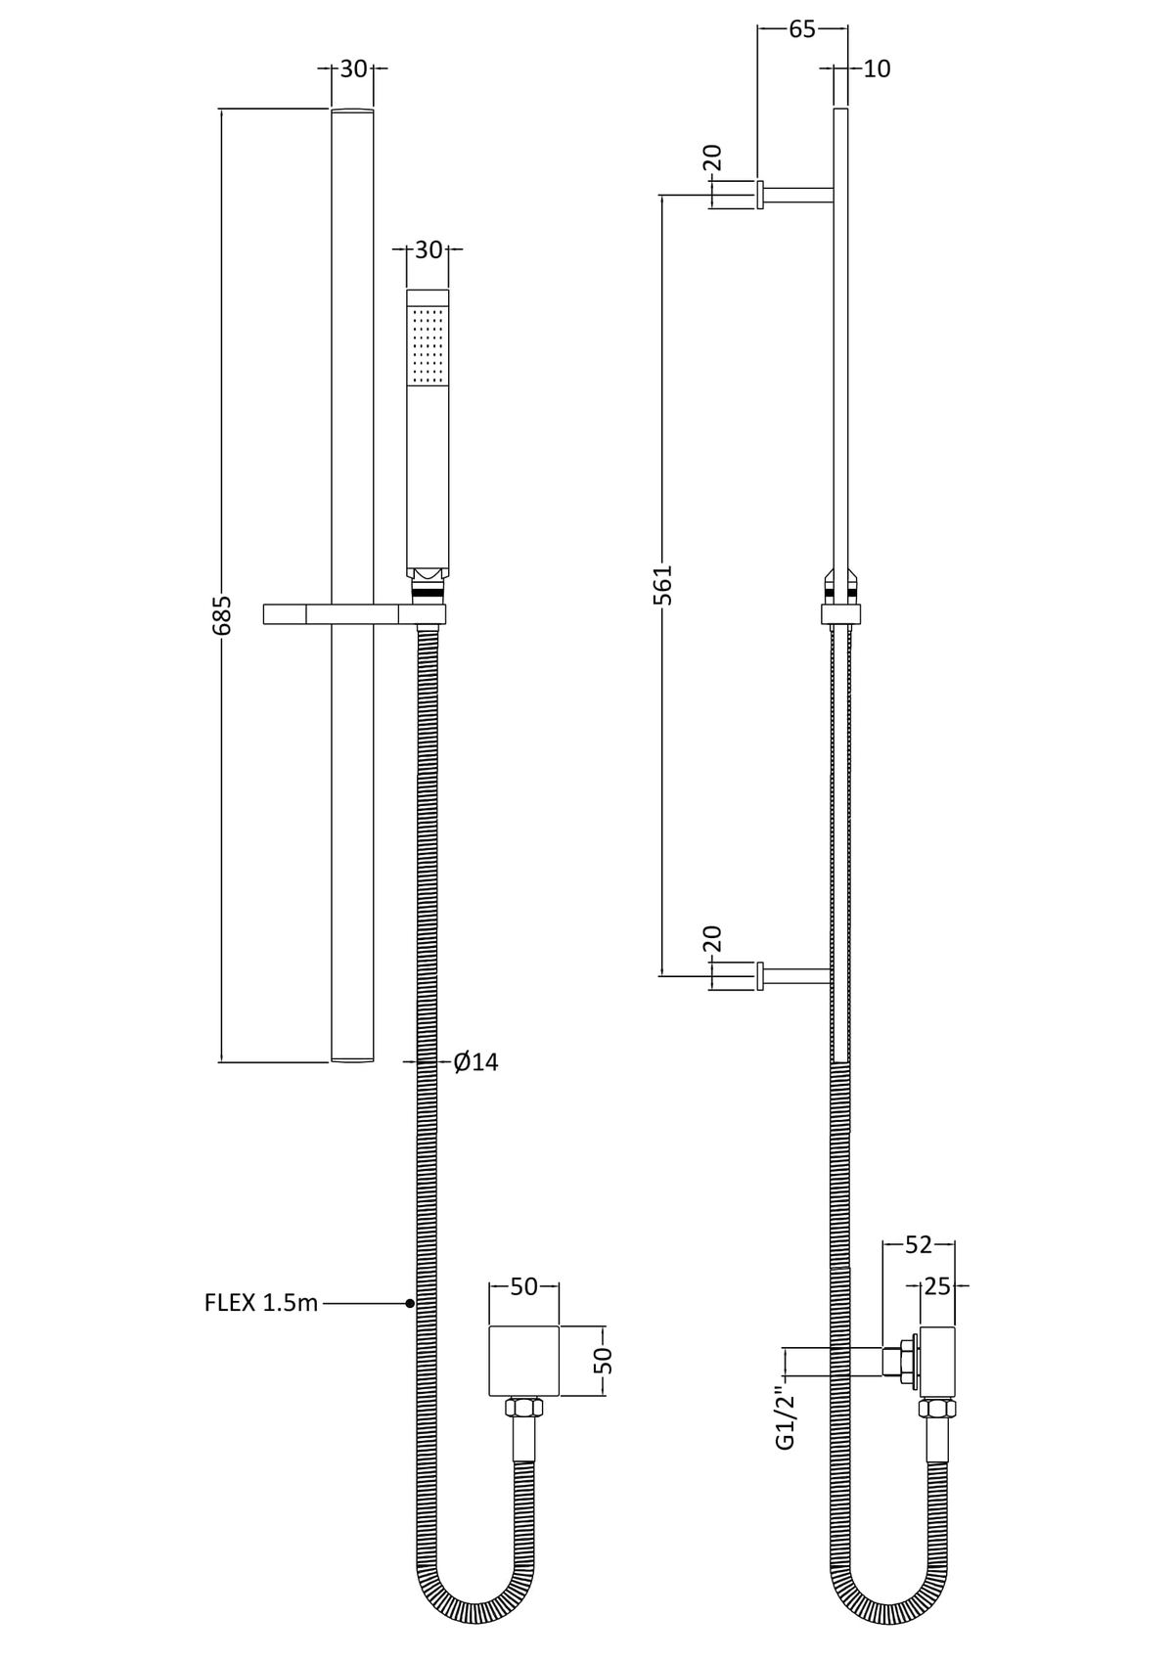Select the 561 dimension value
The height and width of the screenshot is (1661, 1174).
pyautogui.click(x=663, y=584)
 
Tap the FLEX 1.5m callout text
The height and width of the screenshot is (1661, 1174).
pyautogui.click(x=261, y=1302)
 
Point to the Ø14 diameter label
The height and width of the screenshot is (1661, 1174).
pyautogui.click(x=476, y=1061)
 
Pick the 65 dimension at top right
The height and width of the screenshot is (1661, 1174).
pyautogui.click(x=802, y=29)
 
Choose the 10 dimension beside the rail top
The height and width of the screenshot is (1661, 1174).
pyautogui.click(x=878, y=68)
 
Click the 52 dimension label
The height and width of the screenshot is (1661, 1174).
pyautogui.click(x=918, y=1244)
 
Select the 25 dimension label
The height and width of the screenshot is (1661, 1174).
pyautogui.click(x=937, y=1286)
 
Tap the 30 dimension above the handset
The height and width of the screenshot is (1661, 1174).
pyautogui.click(x=429, y=249)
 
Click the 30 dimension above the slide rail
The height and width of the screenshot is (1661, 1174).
pyautogui.click(x=353, y=68)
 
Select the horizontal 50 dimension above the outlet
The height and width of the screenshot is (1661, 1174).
pyautogui.click(x=524, y=1286)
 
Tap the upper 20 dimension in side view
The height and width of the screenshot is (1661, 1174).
pyautogui.click(x=712, y=157)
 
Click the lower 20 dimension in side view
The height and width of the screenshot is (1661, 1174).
pyautogui.click(x=712, y=938)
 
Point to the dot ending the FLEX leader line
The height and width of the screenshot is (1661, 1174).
pyautogui.click(x=410, y=1303)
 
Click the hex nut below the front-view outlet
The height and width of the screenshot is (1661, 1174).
pyautogui.click(x=523, y=1409)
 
